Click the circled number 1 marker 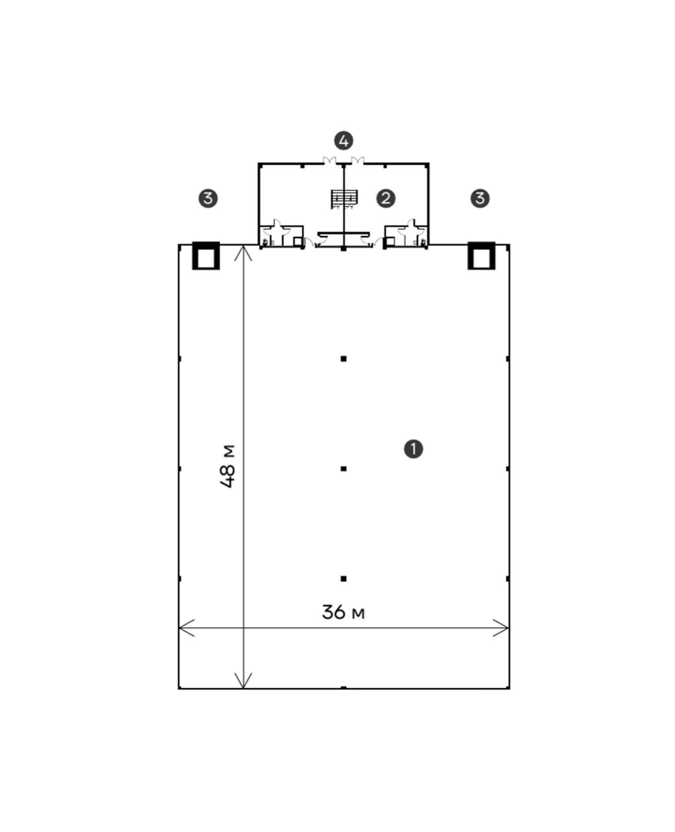point(413,449)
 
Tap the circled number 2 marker point(386,198)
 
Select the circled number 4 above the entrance point(344,141)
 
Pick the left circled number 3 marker point(208,198)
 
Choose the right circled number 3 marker point(480,198)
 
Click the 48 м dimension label point(228,466)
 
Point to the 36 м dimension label point(343,612)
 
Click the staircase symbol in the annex point(344,199)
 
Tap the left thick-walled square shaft point(206,256)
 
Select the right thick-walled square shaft point(481,256)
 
